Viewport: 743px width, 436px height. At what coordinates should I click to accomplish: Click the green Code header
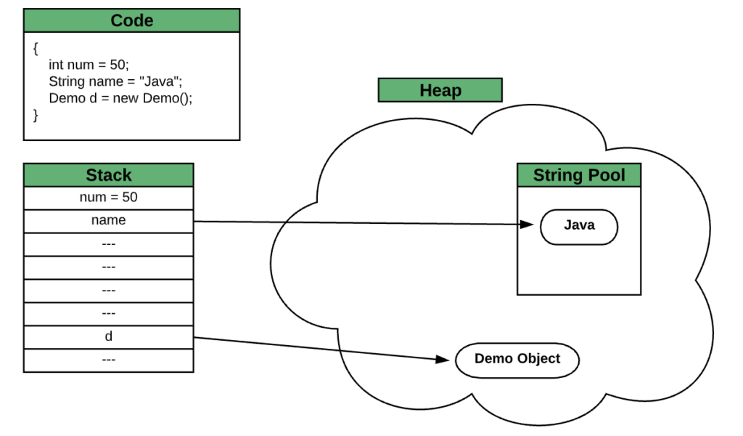[x=131, y=20]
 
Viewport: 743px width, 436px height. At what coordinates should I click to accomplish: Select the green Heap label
[x=440, y=90]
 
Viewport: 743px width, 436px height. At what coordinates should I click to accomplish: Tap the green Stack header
[x=108, y=175]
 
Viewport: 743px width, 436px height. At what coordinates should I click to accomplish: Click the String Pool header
[x=578, y=175]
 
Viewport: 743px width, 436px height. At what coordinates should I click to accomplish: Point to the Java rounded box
[x=578, y=227]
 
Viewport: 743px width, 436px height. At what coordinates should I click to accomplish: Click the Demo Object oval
[x=517, y=360]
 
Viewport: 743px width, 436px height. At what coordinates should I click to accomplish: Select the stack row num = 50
[x=108, y=198]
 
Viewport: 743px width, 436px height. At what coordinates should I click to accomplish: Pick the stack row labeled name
[x=108, y=221]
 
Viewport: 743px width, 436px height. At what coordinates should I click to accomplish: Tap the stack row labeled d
[x=108, y=337]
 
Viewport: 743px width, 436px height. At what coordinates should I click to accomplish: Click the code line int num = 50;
[x=88, y=65]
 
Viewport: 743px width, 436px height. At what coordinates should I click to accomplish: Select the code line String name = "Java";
[x=115, y=81]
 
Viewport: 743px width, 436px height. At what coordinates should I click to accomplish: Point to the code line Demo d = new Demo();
[x=120, y=98]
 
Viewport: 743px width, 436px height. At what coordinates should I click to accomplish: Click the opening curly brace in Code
[x=36, y=48]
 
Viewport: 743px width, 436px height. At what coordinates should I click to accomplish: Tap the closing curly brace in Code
[x=36, y=115]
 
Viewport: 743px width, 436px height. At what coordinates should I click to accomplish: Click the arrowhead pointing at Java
[x=528, y=225]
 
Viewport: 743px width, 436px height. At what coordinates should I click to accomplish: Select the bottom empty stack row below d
[x=108, y=360]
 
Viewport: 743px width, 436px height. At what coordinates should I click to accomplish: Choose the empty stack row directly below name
[x=108, y=244]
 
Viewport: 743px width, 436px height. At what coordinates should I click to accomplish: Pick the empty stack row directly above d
[x=108, y=314]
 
